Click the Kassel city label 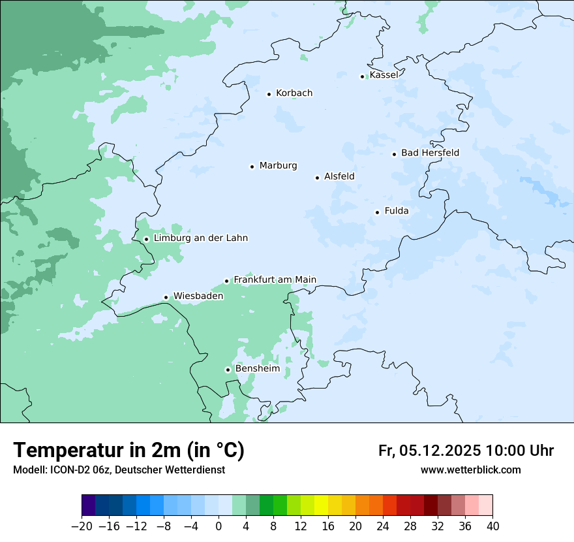click(384, 75)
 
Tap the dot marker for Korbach click(269, 94)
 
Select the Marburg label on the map click(278, 166)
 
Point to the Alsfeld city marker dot click(317, 178)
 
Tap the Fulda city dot click(377, 212)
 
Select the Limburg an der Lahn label click(200, 238)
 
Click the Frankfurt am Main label click(275, 279)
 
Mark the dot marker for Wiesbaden click(166, 298)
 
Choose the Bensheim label click(257, 368)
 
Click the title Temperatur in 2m click(128, 450)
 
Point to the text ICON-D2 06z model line click(119, 470)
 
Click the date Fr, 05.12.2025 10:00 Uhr click(466, 451)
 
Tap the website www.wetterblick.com click(470, 470)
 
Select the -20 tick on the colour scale click(82, 526)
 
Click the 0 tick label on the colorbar click(219, 526)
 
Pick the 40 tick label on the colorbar click(492, 526)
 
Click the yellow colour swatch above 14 click(321, 505)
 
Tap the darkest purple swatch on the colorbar click(88, 505)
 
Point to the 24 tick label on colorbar click(383, 526)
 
